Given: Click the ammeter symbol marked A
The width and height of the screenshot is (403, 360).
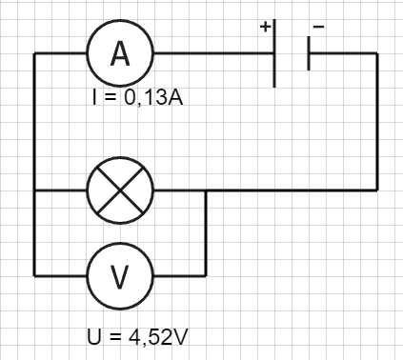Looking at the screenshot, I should pyautogui.click(x=120, y=53).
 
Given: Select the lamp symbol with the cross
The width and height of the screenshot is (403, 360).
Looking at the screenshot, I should pyautogui.click(x=120, y=190).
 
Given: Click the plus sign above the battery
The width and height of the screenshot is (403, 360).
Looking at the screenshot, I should pyautogui.click(x=265, y=28).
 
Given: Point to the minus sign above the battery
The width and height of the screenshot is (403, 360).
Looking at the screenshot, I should pyautogui.click(x=318, y=28).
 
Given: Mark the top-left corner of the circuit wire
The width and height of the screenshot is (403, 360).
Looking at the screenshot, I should pyautogui.click(x=34, y=53).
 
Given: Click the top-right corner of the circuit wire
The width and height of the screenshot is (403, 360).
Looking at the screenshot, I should pyautogui.click(x=377, y=53).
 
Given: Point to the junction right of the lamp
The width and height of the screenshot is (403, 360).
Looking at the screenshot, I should pyautogui.click(x=206, y=190).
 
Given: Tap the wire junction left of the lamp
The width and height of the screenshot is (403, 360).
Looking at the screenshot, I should pyautogui.click(x=34, y=190).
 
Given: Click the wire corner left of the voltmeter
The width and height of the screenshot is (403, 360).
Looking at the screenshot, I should pyautogui.click(x=34, y=275).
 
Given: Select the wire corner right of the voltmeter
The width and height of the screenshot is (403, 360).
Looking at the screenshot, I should pyautogui.click(x=206, y=275).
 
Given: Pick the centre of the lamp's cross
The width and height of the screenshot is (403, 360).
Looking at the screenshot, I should pyautogui.click(x=120, y=190).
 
